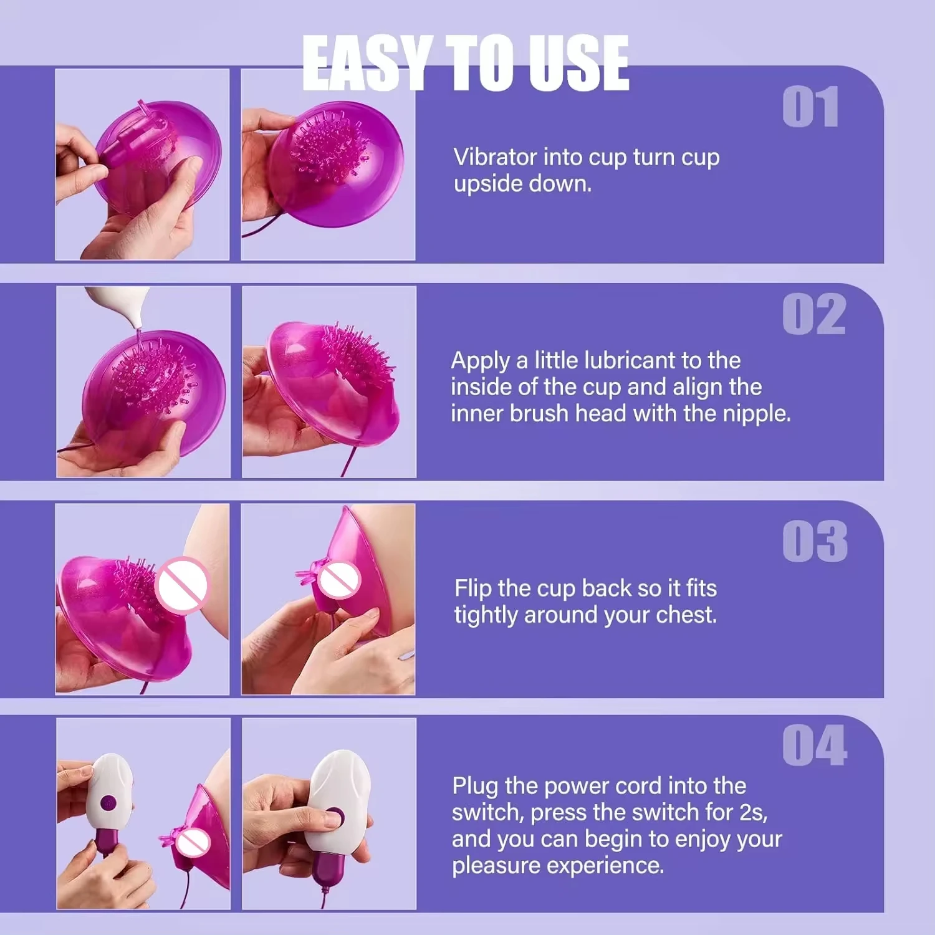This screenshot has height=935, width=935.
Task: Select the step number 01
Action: coord(810,107)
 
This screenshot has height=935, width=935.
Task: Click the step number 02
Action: coord(814,314)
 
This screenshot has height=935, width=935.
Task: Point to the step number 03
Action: coord(815,541)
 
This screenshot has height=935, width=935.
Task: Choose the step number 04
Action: coord(815,746)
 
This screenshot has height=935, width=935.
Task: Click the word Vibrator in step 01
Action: coord(495,157)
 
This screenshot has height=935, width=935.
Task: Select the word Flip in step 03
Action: coord(473,589)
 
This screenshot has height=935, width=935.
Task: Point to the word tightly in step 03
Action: coord(487,616)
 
